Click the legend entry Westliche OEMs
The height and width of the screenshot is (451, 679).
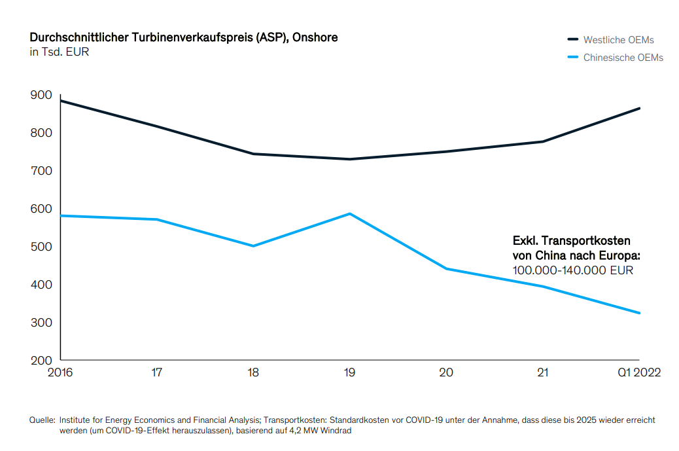pyautogui.click(x=618, y=40)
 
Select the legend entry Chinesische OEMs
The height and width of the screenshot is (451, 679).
pyautogui.click(x=623, y=58)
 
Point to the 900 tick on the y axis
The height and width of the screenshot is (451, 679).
pyautogui.click(x=41, y=95)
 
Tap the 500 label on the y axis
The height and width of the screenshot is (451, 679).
pyautogui.click(x=41, y=247)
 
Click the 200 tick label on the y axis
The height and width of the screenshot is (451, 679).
pyautogui.click(x=41, y=361)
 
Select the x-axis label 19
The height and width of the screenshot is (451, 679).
pyautogui.click(x=349, y=372)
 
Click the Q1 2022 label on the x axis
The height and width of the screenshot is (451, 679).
pyautogui.click(x=639, y=372)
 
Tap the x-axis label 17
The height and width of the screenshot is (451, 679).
pyautogui.click(x=157, y=372)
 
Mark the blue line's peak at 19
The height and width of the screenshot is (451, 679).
pyautogui.click(x=350, y=213)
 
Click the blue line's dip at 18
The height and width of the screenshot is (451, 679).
pyautogui.click(x=253, y=246)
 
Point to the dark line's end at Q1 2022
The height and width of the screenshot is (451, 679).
pyautogui.click(x=639, y=108)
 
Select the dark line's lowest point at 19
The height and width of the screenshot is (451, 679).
pyautogui.click(x=350, y=159)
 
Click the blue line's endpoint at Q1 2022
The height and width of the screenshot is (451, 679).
pyautogui.click(x=639, y=313)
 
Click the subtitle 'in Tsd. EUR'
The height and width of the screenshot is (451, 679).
pyautogui.click(x=59, y=52)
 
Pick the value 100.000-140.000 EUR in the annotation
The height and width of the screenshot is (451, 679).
pyautogui.click(x=572, y=270)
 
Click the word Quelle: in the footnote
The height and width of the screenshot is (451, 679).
pyautogui.click(x=43, y=420)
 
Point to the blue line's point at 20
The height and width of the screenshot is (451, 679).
pyautogui.click(x=446, y=268)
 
